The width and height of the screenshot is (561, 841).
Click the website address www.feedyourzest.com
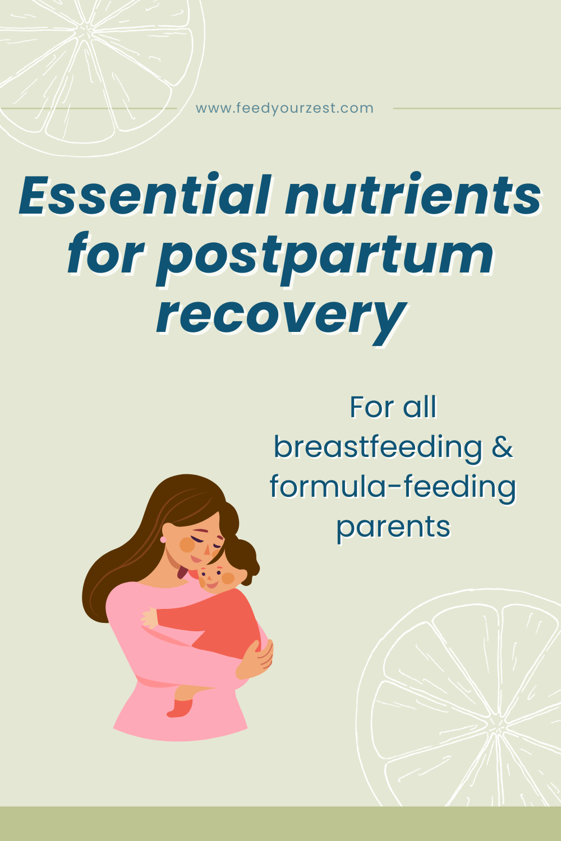tap(284, 108)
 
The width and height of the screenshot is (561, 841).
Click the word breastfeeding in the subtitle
tap(378, 447)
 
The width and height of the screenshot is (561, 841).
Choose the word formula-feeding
tap(393, 487)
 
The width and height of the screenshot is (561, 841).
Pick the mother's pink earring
tap(163, 539)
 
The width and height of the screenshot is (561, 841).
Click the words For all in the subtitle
tap(393, 407)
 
